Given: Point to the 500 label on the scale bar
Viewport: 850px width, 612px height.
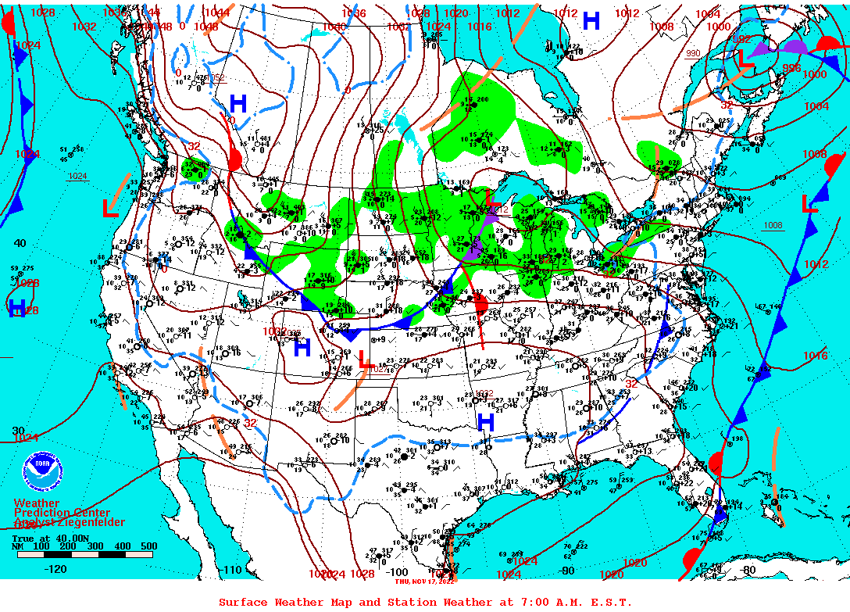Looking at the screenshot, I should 148,546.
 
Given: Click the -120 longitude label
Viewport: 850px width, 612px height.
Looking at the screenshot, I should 56,569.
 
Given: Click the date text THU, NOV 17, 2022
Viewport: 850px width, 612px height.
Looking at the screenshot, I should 425,581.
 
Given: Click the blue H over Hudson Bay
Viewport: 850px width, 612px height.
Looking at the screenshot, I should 591,22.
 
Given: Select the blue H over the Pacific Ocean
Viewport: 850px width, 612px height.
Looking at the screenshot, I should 17,308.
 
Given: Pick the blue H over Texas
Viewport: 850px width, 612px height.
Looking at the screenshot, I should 486,423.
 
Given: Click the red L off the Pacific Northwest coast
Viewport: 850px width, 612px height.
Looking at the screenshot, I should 110,209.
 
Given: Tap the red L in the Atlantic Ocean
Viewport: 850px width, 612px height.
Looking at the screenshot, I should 810,205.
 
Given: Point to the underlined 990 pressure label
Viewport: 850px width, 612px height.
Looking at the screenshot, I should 693,53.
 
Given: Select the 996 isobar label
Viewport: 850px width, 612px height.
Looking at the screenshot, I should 792,68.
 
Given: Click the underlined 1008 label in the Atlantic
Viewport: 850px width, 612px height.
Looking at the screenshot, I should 773,225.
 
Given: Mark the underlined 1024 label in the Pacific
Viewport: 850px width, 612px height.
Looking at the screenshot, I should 77,176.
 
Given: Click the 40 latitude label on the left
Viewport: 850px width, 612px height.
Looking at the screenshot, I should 20,243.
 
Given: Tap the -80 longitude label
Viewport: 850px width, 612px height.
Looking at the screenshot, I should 748,570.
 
